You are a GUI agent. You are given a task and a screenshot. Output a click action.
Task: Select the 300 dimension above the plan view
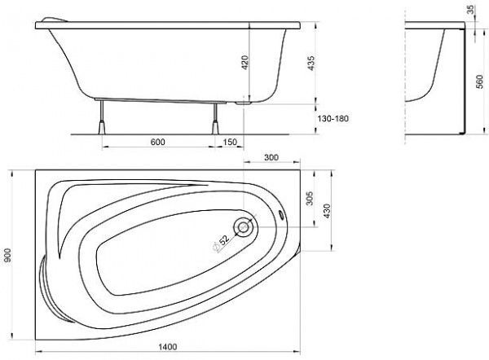point(271,158)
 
